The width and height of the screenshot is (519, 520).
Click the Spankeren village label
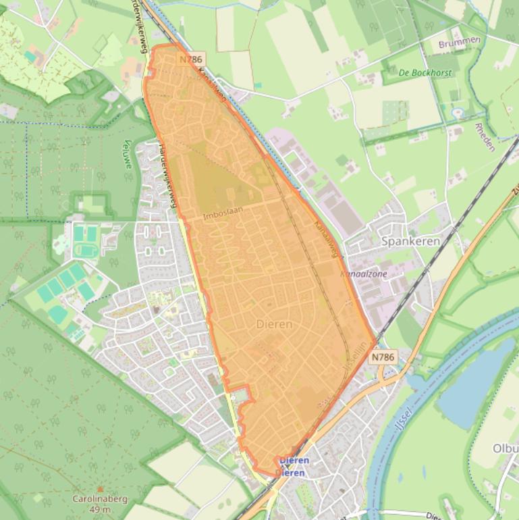point(410,241)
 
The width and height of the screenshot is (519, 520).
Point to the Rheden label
point(485,137)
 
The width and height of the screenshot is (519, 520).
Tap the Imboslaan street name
point(222,213)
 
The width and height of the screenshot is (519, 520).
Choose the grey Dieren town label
point(275,324)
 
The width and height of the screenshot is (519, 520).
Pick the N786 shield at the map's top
point(191,59)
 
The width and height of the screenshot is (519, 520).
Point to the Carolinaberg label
point(100,499)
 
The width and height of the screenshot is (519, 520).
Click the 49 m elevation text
point(100,509)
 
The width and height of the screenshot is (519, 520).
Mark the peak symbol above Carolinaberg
point(100,488)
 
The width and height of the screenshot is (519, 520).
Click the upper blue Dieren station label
point(294,461)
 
